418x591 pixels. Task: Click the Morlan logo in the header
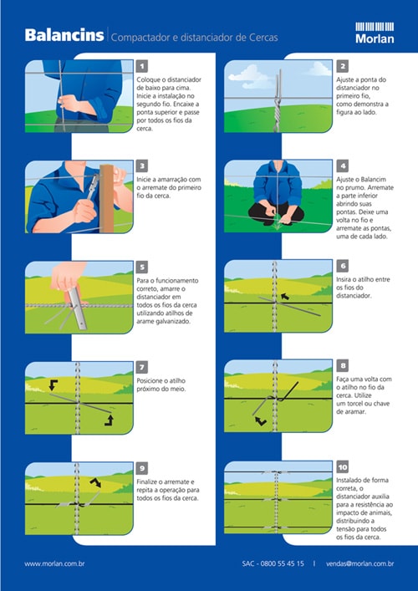pyautogui.click(x=375, y=33)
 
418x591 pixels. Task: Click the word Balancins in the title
pyautogui.click(x=64, y=35)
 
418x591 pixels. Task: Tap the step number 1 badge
pyautogui.click(x=142, y=66)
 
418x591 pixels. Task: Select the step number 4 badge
pyautogui.click(x=342, y=166)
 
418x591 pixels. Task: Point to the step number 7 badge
pyautogui.click(x=142, y=368)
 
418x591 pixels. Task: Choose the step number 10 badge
pyautogui.click(x=342, y=467)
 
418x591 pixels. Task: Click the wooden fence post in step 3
pyautogui.click(x=107, y=199)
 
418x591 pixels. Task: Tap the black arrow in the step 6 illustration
pyautogui.click(x=286, y=297)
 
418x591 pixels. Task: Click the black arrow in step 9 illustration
pyautogui.click(x=95, y=482)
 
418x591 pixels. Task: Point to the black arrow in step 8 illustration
pyautogui.click(x=261, y=421)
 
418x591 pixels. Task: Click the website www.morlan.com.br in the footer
pyautogui.click(x=54, y=564)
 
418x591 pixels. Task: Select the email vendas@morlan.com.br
pyautogui.click(x=360, y=564)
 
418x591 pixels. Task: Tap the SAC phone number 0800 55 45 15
pyautogui.click(x=283, y=564)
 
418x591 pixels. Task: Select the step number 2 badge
pyautogui.click(x=342, y=66)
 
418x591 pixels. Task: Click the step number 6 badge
pyautogui.click(x=342, y=266)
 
